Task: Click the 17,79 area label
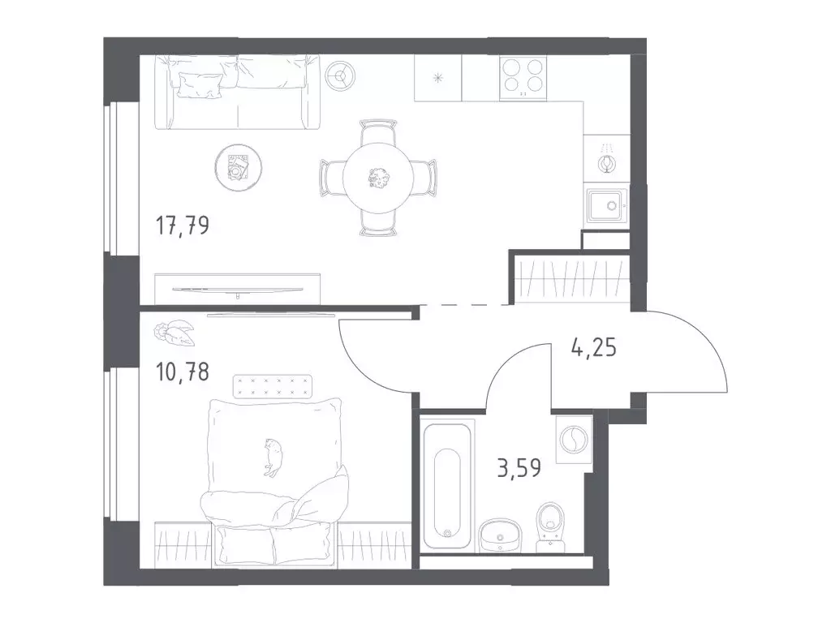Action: pyautogui.click(x=183, y=226)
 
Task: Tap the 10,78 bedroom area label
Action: pyautogui.click(x=183, y=372)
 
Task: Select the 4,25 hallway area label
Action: pyautogui.click(x=593, y=347)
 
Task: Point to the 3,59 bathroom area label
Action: pyautogui.click(x=519, y=468)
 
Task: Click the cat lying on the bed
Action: pyautogui.click(x=274, y=456)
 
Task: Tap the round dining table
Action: pyautogui.click(x=378, y=178)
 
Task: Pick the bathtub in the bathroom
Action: pyautogui.click(x=447, y=483)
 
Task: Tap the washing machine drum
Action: pyautogui.click(x=574, y=440)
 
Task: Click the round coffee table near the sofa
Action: pyautogui.click(x=239, y=168)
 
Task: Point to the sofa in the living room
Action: pyautogui.click(x=238, y=92)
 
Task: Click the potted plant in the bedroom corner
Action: pyautogui.click(x=174, y=333)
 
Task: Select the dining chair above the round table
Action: pyautogui.click(x=378, y=132)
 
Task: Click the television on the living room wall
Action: pyautogui.click(x=238, y=290)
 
